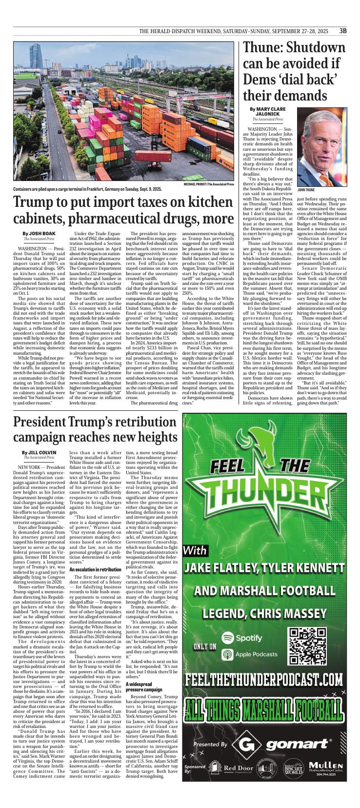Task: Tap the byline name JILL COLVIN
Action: click(x=39, y=452)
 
